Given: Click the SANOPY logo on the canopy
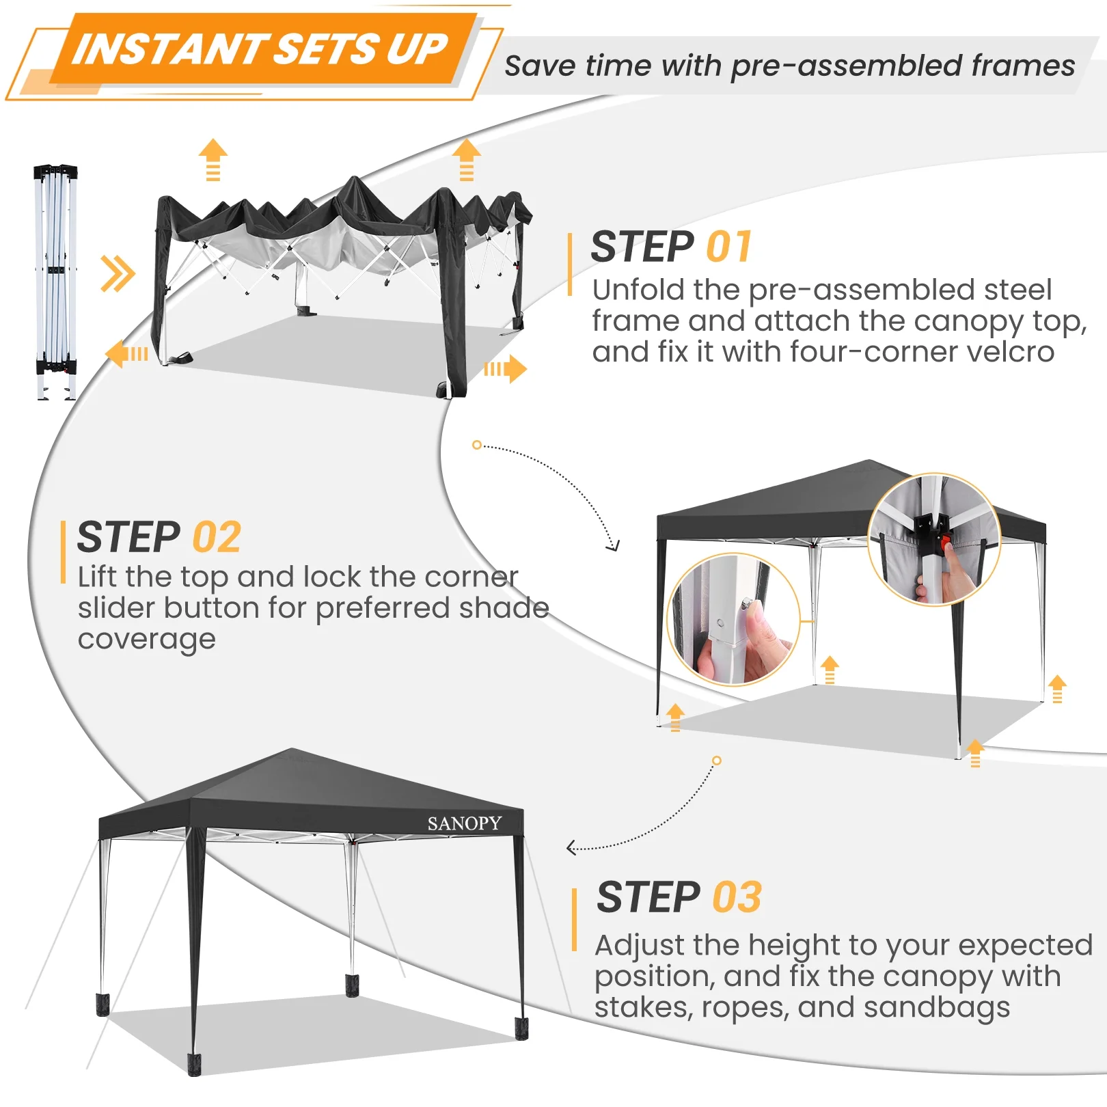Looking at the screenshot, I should (x=464, y=823).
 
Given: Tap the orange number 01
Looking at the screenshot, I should (x=728, y=247).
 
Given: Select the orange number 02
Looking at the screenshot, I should (x=217, y=537).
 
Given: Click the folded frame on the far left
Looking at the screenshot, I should (x=55, y=280).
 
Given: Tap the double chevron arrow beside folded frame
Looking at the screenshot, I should (x=118, y=273).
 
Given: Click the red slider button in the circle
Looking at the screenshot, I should (x=946, y=544).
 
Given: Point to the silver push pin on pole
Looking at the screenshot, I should (x=748, y=603).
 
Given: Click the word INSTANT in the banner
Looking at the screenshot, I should (x=168, y=50).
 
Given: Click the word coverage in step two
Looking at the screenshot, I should (x=146, y=640).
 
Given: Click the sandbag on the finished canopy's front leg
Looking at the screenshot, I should (x=194, y=1064).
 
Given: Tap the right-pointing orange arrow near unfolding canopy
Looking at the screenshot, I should (x=506, y=370).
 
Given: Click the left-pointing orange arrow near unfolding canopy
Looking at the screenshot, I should (x=126, y=354).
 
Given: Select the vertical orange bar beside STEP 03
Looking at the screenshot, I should (x=574, y=919).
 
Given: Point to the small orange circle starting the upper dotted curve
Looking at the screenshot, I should (x=476, y=445).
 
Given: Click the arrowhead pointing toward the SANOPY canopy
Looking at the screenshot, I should (x=571, y=849).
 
